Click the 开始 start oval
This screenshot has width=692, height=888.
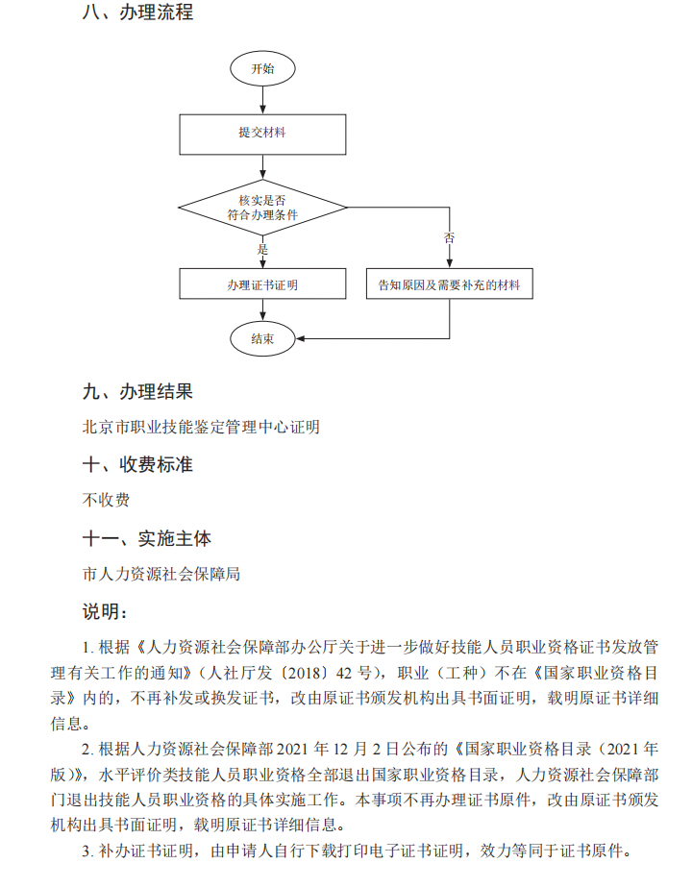(x=261, y=69)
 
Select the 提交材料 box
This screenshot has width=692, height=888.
(x=261, y=134)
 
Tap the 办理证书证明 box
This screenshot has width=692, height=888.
(x=261, y=285)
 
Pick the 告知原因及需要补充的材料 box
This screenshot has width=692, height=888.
(x=449, y=285)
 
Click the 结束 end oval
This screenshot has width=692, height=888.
(x=261, y=338)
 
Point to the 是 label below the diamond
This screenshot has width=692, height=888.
(x=262, y=249)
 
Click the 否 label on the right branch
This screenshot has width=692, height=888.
(x=449, y=237)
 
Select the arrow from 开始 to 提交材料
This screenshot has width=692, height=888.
(x=261, y=99)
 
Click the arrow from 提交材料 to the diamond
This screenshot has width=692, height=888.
(x=261, y=167)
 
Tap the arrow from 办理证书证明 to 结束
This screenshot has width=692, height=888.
(x=261, y=312)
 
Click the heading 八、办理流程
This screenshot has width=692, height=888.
(x=138, y=13)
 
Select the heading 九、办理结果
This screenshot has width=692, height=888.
(x=138, y=392)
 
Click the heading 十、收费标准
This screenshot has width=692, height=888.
(x=138, y=465)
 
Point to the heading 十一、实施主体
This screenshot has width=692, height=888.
(x=148, y=538)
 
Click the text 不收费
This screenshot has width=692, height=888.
(x=107, y=500)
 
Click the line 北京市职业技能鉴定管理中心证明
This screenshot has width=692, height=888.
(x=201, y=428)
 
